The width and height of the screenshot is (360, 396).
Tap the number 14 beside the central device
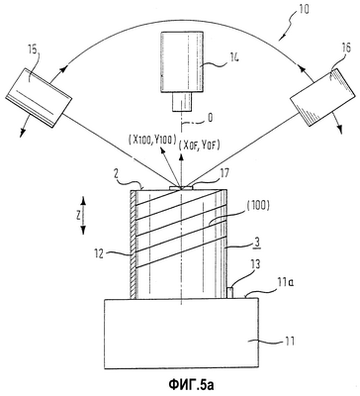(231, 58)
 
